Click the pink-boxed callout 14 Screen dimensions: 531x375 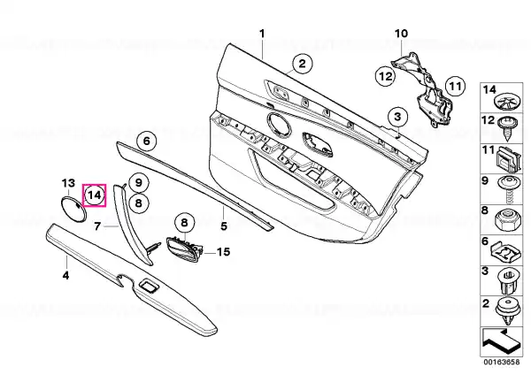click(95, 195)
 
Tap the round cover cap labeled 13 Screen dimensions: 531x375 click(73, 210)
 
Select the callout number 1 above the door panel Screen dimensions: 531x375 click(262, 34)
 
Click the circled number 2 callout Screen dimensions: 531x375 click(302, 64)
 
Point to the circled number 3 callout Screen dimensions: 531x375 click(397, 117)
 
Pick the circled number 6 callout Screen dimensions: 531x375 click(147, 141)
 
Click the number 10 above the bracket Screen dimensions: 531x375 click(401, 34)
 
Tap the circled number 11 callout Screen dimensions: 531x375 click(455, 87)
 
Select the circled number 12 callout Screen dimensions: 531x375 click(385, 76)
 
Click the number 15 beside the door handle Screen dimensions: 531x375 click(223, 252)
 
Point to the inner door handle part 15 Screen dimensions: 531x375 click(185, 249)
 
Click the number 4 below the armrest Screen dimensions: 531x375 click(65, 275)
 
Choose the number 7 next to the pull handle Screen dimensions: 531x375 click(97, 226)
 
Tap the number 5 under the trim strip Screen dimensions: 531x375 click(224, 226)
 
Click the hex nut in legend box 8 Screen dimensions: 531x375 click(506, 219)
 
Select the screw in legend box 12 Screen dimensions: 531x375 click(507, 128)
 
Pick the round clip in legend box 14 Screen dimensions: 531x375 click(507, 102)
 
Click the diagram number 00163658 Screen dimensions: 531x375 click(501, 362)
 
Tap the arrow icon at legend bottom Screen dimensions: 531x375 click(501, 341)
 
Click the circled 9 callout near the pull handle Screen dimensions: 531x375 click(138, 182)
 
